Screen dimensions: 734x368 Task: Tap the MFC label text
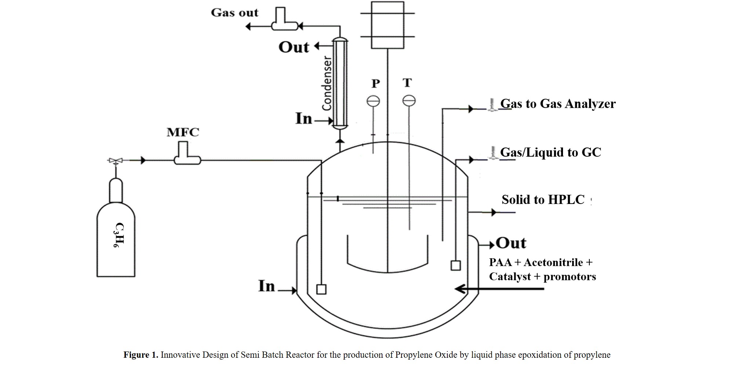[183, 132]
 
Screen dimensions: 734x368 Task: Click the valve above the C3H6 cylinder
[116, 161]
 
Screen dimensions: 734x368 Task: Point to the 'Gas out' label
[235, 13]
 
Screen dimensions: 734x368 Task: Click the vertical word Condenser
[327, 83]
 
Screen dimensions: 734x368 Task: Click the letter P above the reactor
[375, 84]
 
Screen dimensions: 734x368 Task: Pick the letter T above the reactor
[407, 83]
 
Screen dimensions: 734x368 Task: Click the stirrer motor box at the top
[388, 25]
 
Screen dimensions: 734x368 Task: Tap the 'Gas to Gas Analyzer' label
[558, 104]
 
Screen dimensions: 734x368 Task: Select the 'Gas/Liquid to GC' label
[550, 152]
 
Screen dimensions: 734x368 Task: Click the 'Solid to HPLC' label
[543, 200]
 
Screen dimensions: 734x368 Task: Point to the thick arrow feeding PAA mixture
[499, 289]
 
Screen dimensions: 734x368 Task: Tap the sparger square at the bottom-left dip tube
[321, 289]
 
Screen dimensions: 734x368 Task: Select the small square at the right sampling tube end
[455, 265]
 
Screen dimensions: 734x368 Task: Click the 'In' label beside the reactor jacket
[266, 286]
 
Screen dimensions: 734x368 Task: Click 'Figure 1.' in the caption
[141, 355]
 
